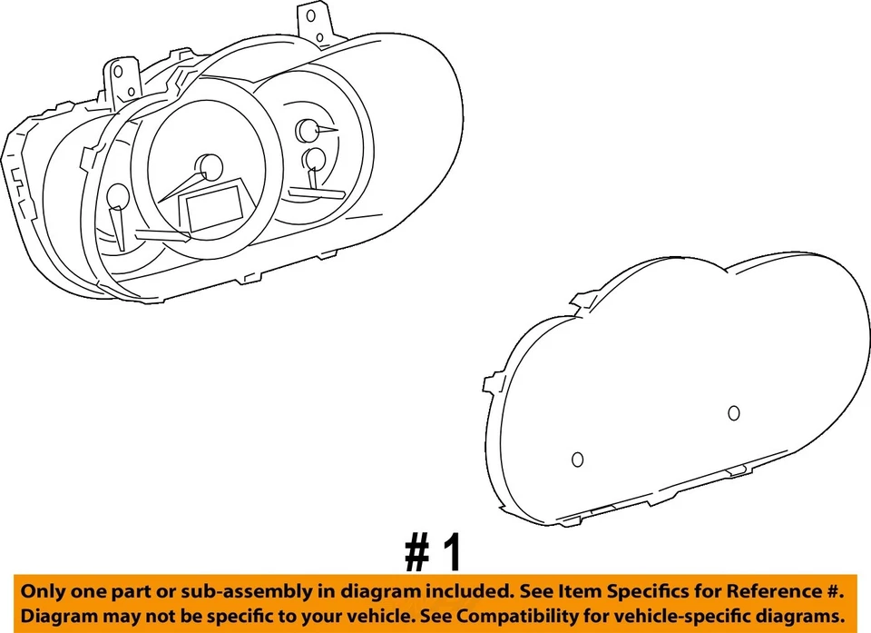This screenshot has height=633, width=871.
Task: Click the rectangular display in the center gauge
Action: tap(215, 205)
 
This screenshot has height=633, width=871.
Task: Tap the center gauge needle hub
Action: tap(210, 166)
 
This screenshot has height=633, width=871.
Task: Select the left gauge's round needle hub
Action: tap(117, 195)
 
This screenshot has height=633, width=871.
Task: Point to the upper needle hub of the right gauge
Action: tap(307, 130)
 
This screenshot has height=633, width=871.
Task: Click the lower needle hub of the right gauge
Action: tap(315, 160)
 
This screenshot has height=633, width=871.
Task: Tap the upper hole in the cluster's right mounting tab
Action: tap(310, 15)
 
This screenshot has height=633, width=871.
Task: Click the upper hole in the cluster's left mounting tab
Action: tap(120, 71)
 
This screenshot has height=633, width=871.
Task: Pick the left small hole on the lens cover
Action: tap(577, 460)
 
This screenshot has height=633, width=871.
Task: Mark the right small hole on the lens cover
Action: tap(734, 413)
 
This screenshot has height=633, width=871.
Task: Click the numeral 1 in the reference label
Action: tap(451, 552)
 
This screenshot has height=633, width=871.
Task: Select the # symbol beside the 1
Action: tap(416, 552)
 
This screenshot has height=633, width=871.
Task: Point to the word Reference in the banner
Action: tap(769, 591)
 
